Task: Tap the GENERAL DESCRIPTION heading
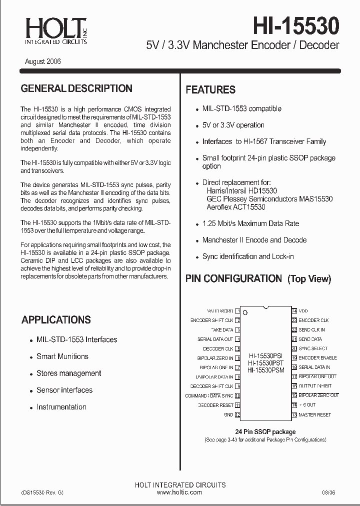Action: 76,88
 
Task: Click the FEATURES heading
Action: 210,90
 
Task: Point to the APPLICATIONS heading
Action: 56,320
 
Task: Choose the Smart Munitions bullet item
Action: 62,356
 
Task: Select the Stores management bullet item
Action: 68,373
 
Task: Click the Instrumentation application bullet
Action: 61,407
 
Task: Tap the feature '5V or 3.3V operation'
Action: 233,125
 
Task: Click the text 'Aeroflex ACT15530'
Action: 236,207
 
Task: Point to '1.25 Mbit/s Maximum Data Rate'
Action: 250,223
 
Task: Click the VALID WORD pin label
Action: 220,311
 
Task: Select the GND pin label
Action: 228,415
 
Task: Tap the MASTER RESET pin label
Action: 314,415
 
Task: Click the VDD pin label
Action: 303,311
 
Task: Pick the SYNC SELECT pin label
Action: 313,348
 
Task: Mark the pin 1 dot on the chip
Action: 245,313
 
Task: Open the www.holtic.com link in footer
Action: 179,492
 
